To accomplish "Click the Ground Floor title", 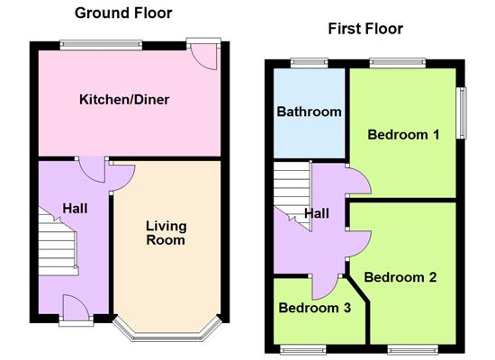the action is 123,13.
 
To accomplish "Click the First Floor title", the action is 365,29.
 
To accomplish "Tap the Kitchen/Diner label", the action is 124,100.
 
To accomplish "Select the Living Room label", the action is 166,233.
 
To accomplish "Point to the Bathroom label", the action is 309,112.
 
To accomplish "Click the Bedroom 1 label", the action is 403,135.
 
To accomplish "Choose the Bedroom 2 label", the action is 400,277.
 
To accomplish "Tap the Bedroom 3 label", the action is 315,308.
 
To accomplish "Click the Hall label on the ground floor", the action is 75,209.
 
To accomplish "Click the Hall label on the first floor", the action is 317,214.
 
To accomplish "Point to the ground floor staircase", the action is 58,242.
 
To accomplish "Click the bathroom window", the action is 309,63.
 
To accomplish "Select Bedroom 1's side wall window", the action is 461,112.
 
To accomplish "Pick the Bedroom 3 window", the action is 303,349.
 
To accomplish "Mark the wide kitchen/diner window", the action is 101,45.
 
